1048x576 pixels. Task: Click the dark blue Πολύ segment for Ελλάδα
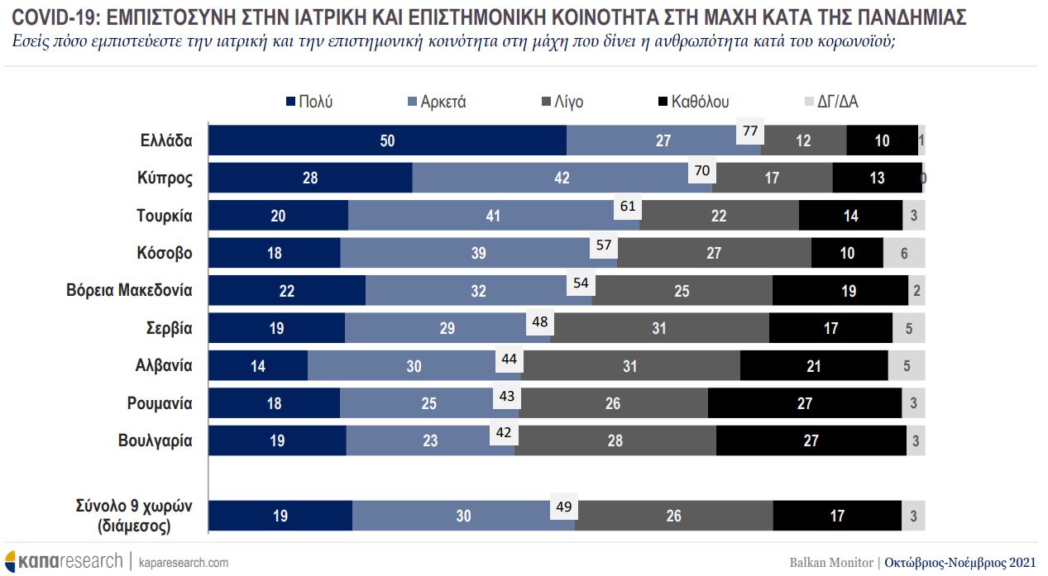click(387, 140)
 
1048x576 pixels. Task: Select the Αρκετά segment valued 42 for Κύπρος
click(562, 178)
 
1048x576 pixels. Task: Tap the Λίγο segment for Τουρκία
click(719, 216)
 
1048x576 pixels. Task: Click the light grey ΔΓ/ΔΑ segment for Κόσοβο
click(904, 254)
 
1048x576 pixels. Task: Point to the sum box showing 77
click(750, 131)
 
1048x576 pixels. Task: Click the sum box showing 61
click(627, 206)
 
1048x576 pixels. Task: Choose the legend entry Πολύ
click(309, 102)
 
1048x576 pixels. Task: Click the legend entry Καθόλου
click(692, 102)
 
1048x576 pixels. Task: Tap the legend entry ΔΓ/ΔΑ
click(836, 102)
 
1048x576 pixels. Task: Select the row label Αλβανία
click(164, 365)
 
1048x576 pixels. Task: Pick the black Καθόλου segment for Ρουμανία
click(805, 403)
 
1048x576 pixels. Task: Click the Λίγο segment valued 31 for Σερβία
click(659, 328)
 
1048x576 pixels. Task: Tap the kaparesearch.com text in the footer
click(184, 562)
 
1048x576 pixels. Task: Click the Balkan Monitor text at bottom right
click(830, 562)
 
